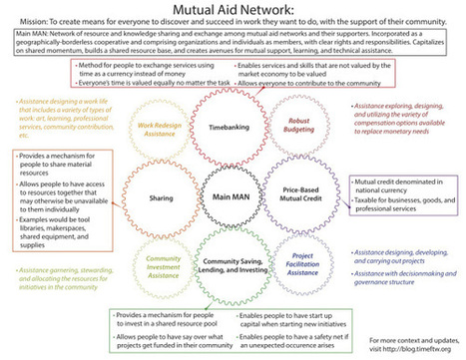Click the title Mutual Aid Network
tap(233, 9)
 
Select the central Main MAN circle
tap(233, 197)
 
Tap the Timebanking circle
tap(233, 129)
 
